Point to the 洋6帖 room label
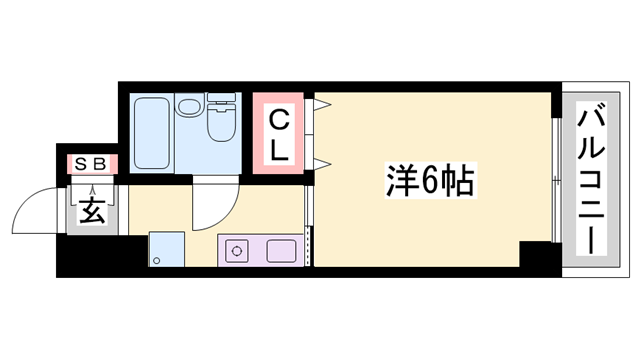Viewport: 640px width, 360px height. point(430,182)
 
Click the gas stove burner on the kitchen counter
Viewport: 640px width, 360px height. point(238,250)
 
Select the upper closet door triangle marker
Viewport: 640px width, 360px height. point(322,103)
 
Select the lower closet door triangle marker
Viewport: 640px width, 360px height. point(322,161)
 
